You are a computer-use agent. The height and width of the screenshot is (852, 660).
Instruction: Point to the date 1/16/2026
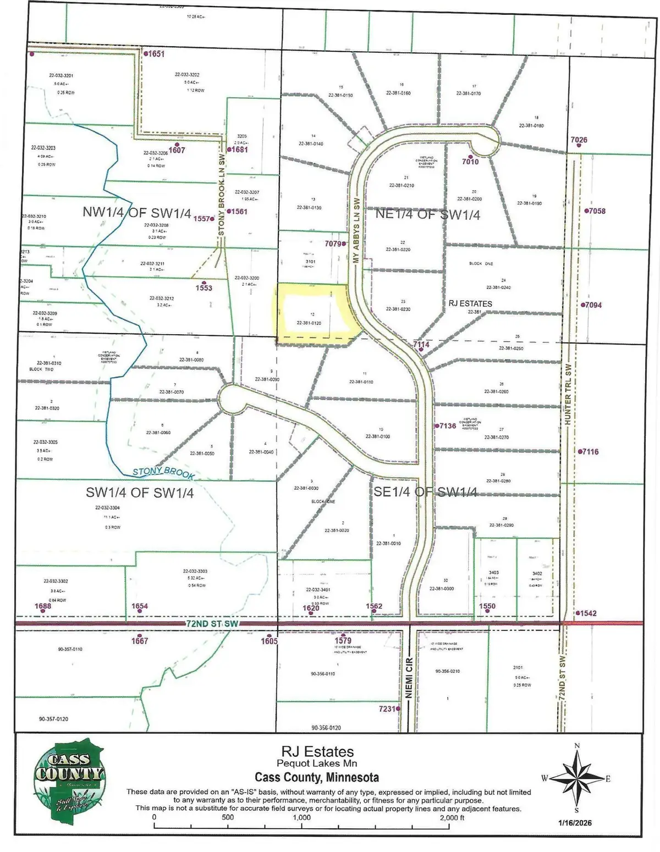click(x=575, y=822)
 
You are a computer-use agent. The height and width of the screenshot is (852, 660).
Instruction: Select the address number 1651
click(x=155, y=54)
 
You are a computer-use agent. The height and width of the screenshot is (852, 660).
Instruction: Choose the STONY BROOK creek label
click(x=163, y=472)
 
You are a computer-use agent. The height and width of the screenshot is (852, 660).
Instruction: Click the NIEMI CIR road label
click(x=409, y=678)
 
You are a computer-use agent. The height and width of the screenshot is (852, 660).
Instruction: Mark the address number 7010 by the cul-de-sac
click(x=470, y=162)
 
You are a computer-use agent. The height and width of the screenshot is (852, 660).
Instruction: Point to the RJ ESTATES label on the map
click(x=470, y=303)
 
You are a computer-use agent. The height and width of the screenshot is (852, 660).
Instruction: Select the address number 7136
click(x=448, y=426)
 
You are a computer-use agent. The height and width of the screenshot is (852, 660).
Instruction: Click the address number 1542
click(x=587, y=613)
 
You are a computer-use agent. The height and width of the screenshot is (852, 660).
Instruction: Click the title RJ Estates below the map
click(x=317, y=751)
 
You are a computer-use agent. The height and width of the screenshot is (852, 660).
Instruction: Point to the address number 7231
click(x=387, y=709)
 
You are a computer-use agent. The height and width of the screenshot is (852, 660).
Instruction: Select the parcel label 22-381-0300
click(x=442, y=589)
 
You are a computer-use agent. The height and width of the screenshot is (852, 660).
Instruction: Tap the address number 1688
click(x=43, y=606)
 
